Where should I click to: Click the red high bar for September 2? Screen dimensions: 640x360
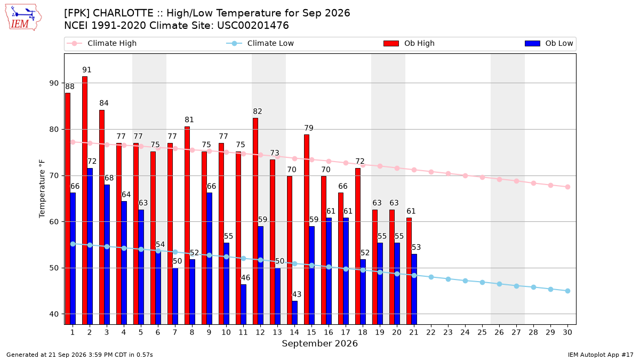click(x=85, y=201)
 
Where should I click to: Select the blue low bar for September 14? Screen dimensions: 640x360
click(x=294, y=313)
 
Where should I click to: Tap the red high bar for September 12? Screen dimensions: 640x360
click(x=255, y=221)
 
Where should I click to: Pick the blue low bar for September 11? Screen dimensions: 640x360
click(x=243, y=305)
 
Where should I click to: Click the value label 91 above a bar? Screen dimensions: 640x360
click(x=87, y=70)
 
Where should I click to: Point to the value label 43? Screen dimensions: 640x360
click(x=297, y=294)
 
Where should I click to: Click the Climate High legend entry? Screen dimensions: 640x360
click(x=101, y=43)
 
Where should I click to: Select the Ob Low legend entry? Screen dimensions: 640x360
click(x=549, y=43)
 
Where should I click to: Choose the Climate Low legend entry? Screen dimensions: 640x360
click(x=260, y=43)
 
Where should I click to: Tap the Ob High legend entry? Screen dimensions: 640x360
click(x=409, y=43)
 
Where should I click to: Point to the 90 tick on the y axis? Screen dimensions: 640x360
click(x=54, y=83)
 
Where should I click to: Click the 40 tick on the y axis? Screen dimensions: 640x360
click(x=54, y=314)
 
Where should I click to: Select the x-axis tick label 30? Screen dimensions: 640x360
click(x=567, y=332)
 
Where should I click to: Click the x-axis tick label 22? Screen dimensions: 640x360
click(x=431, y=332)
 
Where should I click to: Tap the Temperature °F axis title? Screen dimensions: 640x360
click(x=42, y=189)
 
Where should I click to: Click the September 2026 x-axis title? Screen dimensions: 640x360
click(x=319, y=343)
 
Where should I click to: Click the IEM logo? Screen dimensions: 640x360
click(x=23, y=18)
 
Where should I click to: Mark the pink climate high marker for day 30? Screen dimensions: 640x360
click(x=567, y=187)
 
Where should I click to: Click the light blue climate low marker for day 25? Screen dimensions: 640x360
click(x=482, y=282)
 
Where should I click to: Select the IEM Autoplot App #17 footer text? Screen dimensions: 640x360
click(x=601, y=355)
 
